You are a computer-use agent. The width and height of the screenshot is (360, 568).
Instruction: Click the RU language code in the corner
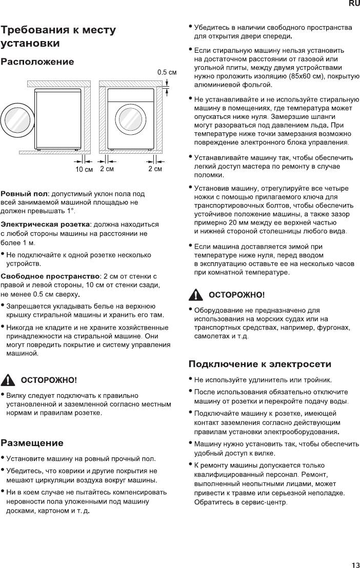(354, 4)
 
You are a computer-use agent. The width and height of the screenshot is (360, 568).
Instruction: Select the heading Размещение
(32, 443)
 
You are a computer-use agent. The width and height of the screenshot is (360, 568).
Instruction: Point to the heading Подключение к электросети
(260, 364)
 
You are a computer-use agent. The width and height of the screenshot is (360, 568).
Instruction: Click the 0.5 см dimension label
(167, 72)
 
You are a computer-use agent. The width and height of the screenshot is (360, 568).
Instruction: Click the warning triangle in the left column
(9, 380)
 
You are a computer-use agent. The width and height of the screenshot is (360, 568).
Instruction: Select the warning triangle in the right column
(196, 295)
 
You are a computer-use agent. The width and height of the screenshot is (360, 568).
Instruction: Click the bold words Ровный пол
(24, 194)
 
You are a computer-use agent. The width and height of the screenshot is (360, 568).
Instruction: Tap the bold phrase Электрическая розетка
(45, 225)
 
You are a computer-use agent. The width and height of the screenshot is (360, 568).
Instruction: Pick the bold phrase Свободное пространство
(50, 277)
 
